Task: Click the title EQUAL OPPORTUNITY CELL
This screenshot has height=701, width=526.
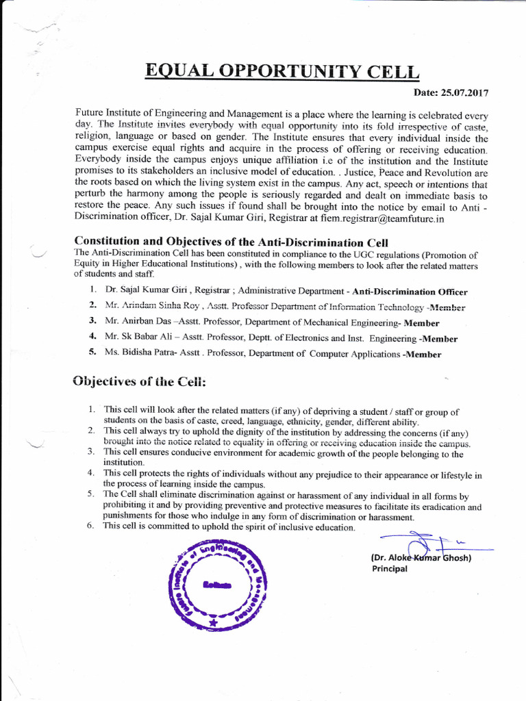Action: point(281,71)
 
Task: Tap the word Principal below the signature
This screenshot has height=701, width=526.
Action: point(389,568)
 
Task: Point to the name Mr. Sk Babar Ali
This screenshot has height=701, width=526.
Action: point(139,338)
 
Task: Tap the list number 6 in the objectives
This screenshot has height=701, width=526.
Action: point(90,526)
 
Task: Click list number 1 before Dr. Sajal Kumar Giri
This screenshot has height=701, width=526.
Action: point(91,291)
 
